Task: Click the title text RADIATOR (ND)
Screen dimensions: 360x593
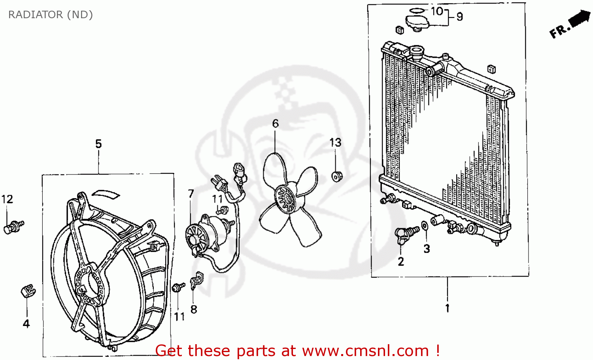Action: [x=50, y=15]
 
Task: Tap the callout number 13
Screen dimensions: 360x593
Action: [x=335, y=142]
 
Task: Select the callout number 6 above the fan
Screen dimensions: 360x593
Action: [x=275, y=123]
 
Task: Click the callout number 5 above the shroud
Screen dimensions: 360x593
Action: [x=98, y=144]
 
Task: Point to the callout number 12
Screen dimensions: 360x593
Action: [x=7, y=199]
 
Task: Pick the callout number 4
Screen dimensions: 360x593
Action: [x=26, y=324]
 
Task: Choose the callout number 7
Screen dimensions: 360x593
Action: [x=191, y=193]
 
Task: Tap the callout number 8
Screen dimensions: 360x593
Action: [x=194, y=309]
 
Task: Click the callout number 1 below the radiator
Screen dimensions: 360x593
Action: [x=447, y=308]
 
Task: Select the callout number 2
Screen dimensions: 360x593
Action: [x=401, y=261]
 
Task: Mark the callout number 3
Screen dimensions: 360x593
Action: [x=427, y=248]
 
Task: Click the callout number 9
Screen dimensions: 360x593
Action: [x=459, y=17]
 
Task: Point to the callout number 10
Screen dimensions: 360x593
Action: [x=437, y=11]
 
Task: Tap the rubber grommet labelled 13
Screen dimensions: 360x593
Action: [x=336, y=176]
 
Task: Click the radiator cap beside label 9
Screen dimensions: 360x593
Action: [x=417, y=22]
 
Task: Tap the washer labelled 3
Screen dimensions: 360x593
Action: [x=424, y=226]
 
